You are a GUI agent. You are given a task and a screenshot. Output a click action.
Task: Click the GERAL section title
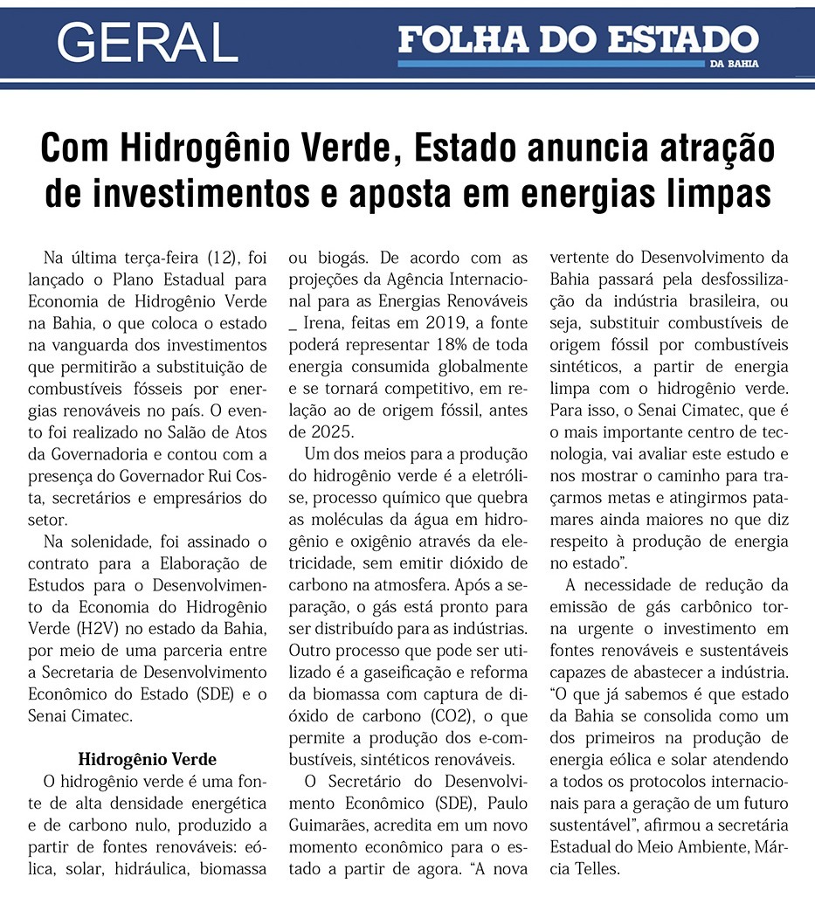[x=148, y=41]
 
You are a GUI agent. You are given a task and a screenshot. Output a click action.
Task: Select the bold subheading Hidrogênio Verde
[x=147, y=758]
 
